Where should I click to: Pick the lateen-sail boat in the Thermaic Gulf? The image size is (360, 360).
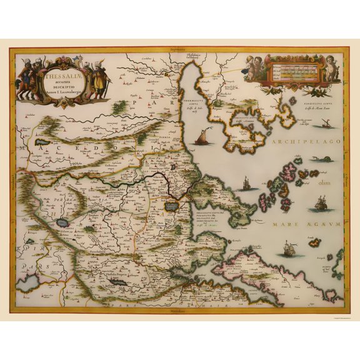click(x=201, y=136)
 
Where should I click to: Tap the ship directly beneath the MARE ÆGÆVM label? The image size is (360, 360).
click(x=289, y=248)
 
